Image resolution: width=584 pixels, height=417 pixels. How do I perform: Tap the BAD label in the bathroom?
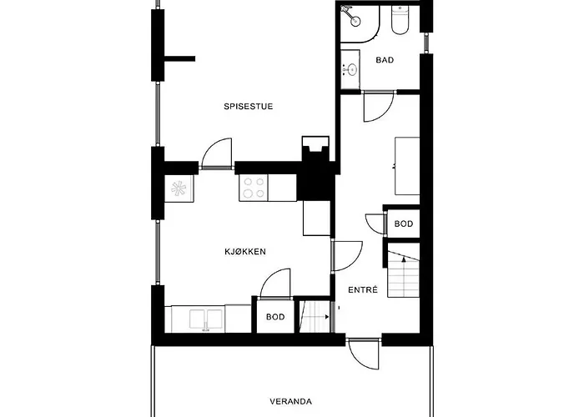tap(385, 60)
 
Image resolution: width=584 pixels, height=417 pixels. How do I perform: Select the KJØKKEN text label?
tap(244, 251)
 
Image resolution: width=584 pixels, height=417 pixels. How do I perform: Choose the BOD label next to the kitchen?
tap(275, 318)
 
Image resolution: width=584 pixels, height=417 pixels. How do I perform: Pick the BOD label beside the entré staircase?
tap(404, 224)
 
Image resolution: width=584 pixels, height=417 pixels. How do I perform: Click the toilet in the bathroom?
tap(399, 20)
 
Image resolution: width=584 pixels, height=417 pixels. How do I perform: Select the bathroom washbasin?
tap(350, 68)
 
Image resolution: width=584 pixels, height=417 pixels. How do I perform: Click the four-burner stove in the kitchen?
tap(254, 188)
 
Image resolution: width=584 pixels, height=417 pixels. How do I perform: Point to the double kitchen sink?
tap(204, 319)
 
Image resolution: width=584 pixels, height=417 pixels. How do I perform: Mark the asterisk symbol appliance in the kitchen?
tap(179, 188)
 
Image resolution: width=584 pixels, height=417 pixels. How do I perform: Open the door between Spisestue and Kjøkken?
tap(216, 155)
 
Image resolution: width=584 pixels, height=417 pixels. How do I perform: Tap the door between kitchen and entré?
tap(345, 256)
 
